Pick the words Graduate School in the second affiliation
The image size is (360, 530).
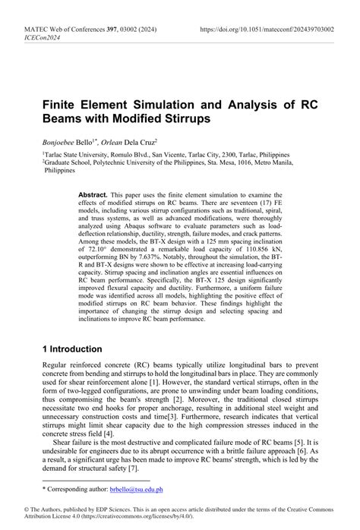pyautogui.click(x=66, y=162)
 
